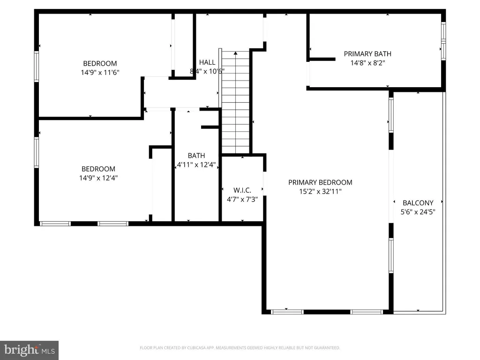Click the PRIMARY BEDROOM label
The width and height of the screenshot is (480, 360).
[320, 182]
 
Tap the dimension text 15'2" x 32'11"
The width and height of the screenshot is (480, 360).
[320, 191]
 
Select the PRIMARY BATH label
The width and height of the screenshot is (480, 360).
[367, 54]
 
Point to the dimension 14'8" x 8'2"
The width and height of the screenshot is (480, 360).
[367, 63]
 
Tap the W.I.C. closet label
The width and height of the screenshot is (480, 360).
[242, 190]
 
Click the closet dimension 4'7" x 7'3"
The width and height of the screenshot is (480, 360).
[242, 199]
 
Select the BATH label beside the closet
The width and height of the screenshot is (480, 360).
[196, 156]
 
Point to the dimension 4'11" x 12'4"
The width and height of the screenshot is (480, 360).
[196, 165]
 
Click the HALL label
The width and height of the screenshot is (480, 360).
[207, 62]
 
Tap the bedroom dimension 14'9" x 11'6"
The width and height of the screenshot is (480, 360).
[100, 73]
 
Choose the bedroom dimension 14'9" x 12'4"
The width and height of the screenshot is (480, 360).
[98, 178]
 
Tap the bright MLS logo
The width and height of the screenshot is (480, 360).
[29, 350]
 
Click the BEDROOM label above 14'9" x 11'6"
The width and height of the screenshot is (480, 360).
[100, 64]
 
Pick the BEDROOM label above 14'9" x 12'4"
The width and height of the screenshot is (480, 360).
[98, 169]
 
